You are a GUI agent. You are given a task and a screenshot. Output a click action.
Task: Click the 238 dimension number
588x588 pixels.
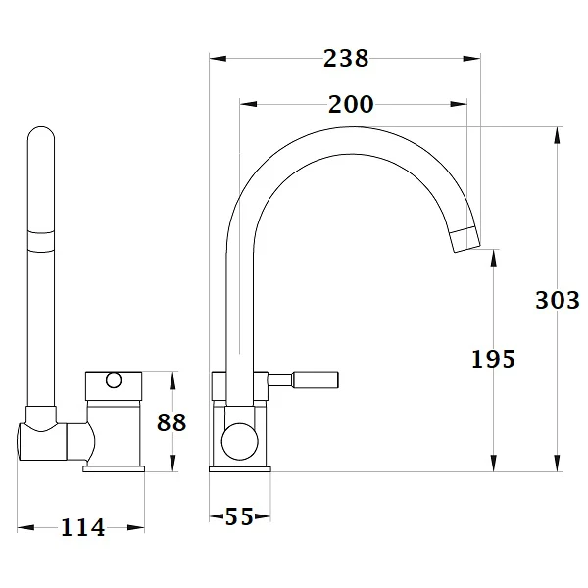346,59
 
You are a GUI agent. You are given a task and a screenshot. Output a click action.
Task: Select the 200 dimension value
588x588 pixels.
351,104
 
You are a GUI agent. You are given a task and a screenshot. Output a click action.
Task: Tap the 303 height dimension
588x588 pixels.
558,300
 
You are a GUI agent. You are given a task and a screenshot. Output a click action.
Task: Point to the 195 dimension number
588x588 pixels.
493,359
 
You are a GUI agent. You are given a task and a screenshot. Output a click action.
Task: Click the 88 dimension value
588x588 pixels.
171,422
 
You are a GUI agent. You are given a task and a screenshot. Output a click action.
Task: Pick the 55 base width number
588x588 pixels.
239,516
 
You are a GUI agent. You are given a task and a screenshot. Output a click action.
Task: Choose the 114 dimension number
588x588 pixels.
83,527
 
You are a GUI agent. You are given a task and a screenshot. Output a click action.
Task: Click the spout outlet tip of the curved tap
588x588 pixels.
465,240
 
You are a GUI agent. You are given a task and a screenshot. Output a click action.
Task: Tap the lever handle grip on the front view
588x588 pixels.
316,380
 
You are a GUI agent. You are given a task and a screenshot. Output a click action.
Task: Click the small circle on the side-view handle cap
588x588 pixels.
114,380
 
